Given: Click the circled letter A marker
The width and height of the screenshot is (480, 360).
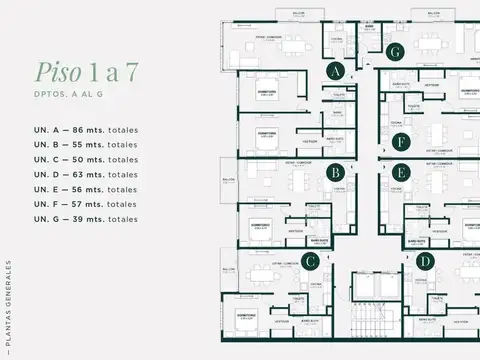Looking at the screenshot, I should pos(336,71).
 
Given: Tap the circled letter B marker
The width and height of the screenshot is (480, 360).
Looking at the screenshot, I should pos(336,172).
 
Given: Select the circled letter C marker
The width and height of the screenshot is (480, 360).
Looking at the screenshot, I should pos(310,262).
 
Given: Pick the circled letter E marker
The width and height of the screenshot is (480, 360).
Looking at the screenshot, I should pos(400,172).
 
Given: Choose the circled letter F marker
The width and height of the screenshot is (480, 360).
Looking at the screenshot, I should pos(400,141).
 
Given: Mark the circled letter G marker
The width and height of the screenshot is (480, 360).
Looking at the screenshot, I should pos(395,51).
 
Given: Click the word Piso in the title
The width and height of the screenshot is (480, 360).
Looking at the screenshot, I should pos(59,72).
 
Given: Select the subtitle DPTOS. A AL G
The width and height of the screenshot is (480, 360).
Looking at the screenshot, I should pos(73,97).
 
